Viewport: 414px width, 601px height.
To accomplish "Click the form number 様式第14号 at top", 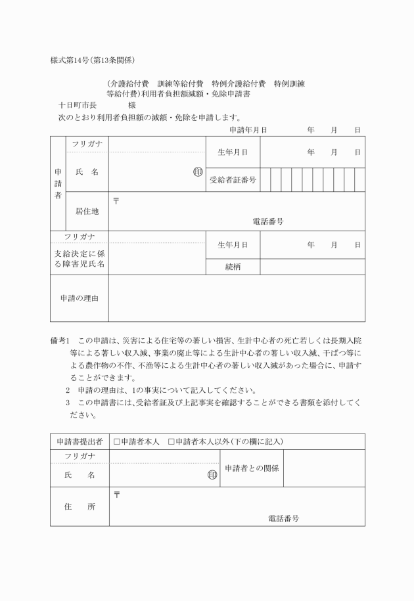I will [x=72, y=60].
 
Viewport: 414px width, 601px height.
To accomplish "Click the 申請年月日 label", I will [x=248, y=130].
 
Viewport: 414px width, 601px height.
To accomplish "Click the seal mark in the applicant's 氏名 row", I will [x=197, y=172].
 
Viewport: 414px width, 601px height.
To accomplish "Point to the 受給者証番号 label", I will [x=233, y=179].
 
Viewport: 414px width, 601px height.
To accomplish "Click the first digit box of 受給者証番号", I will [x=265, y=179].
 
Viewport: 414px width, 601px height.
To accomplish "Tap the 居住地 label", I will [x=87, y=211].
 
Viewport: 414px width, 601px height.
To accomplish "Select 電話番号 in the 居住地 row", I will [x=268, y=222].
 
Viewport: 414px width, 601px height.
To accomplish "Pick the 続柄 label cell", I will [x=233, y=267].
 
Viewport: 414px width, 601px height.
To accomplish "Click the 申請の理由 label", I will [x=79, y=299].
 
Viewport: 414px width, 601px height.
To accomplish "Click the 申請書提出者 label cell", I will [x=80, y=441].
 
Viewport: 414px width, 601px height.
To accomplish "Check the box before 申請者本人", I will [x=117, y=441].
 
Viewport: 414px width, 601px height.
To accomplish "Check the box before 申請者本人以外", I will [x=172, y=441].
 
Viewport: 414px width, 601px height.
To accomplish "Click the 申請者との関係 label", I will [x=252, y=468].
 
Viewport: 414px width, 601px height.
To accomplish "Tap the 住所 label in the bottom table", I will [x=80, y=507].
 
